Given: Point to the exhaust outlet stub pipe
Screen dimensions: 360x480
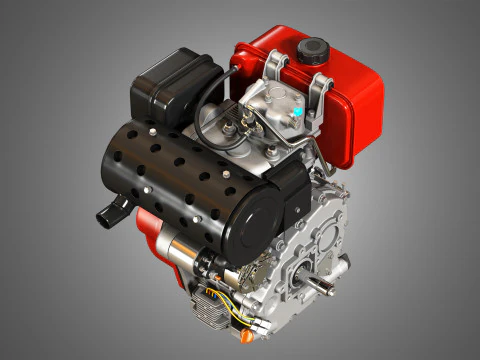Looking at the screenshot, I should [x=108, y=211].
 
